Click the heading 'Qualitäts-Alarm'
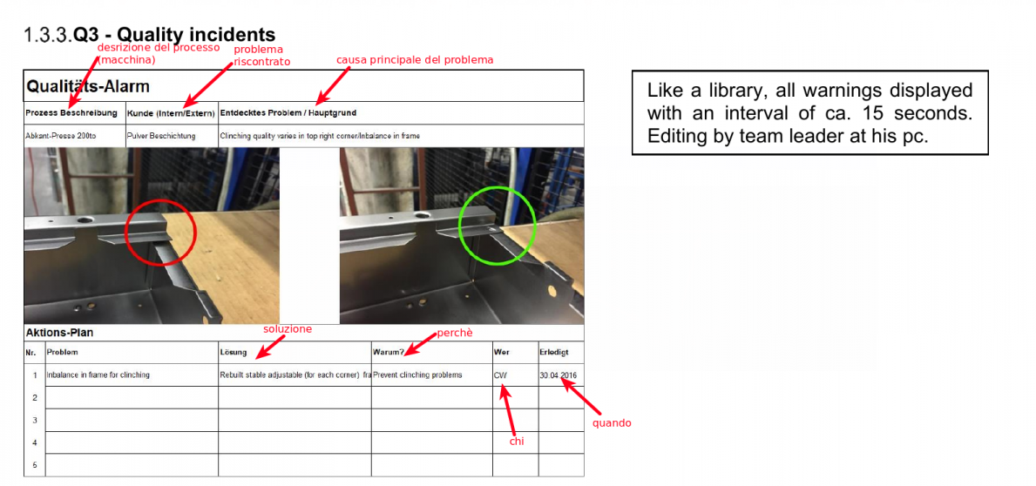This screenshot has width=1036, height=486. click(x=88, y=86)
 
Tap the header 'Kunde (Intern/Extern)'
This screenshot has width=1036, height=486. click(x=171, y=113)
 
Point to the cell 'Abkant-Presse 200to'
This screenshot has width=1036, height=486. click(x=61, y=136)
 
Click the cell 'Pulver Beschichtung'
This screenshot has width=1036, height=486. click(x=161, y=136)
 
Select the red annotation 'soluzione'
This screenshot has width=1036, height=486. click(x=288, y=329)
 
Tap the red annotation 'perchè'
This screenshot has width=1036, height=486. click(x=455, y=334)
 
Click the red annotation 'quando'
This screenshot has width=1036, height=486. click(x=611, y=422)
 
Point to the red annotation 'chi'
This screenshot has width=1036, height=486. click(x=517, y=441)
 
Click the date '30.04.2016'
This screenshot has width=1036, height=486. click(x=559, y=375)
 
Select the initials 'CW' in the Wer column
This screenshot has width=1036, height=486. click(x=500, y=375)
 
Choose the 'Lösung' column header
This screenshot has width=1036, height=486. click(x=234, y=352)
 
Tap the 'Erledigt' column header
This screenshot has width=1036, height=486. click(x=553, y=352)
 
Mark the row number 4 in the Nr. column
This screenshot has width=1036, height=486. click(x=34, y=442)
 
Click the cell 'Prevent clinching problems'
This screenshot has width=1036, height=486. click(x=417, y=375)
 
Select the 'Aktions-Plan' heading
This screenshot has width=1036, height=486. click(x=64, y=332)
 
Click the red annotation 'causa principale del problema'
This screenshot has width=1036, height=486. click(x=415, y=60)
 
